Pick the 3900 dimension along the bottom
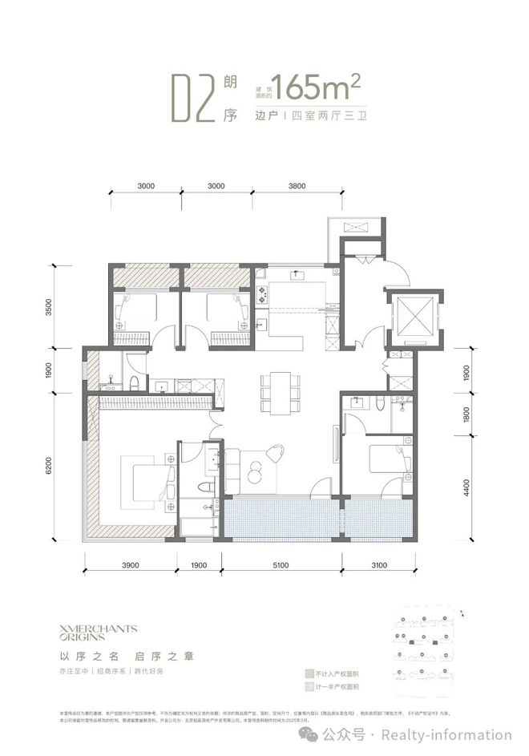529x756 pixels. [131, 567]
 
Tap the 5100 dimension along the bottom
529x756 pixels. [281, 567]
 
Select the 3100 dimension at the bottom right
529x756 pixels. [380, 567]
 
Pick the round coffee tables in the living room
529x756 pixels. [256, 471]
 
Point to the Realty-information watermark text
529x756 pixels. [446, 735]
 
